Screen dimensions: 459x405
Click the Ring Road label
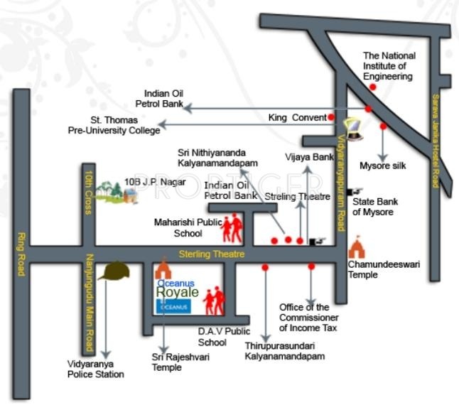[x=21, y=254]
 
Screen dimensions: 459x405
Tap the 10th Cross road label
[x=89, y=193]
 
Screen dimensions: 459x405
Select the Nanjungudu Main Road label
[x=89, y=303]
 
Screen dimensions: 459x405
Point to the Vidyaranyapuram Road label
[x=341, y=183]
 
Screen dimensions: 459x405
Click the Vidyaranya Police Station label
[x=96, y=369]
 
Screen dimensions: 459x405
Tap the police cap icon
[x=114, y=271]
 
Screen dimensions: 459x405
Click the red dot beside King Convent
[x=331, y=117]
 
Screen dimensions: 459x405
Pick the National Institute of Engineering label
[x=389, y=66]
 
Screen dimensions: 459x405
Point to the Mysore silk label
[x=382, y=166]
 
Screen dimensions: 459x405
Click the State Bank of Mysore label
[x=375, y=207]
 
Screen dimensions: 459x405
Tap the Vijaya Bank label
[x=309, y=157]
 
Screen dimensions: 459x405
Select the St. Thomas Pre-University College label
[x=114, y=125]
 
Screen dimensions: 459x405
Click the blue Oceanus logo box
[x=173, y=307]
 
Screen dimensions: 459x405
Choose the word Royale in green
[x=178, y=292]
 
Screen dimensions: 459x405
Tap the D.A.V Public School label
[x=224, y=337]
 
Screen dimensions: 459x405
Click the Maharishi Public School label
[x=188, y=227]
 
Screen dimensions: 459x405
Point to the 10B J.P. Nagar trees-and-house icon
[x=117, y=193]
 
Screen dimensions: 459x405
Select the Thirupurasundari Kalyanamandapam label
[x=284, y=351]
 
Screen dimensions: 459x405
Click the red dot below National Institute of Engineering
[x=372, y=87]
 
